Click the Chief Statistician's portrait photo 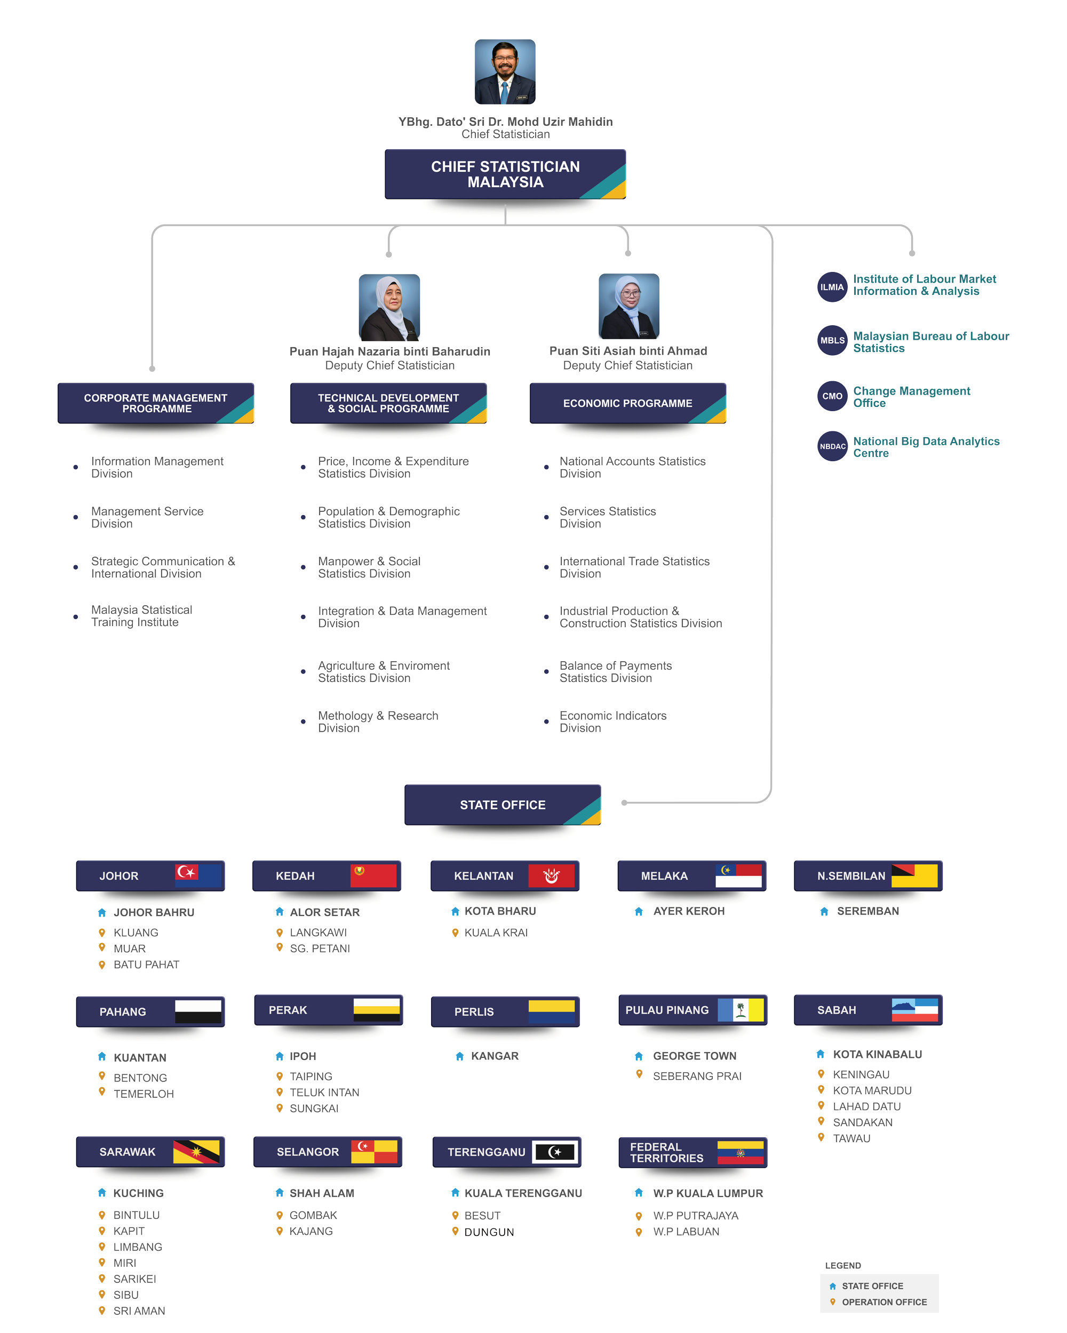coord(505,72)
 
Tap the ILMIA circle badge coord(832,287)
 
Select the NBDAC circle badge coord(832,446)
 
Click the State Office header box coord(502,805)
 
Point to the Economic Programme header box coord(627,403)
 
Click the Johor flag coord(198,875)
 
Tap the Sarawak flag coord(196,1151)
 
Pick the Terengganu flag coord(555,1151)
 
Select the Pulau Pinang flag coord(740,1010)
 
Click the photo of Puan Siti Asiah coord(628,307)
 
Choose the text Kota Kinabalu coord(877,1054)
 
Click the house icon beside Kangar coord(459,1056)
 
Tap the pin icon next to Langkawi coord(280,933)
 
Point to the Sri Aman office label coord(139,1311)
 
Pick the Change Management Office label coord(911,397)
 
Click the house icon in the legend coord(833,1286)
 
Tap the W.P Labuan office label coord(686,1232)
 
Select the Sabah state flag coord(914,1010)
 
